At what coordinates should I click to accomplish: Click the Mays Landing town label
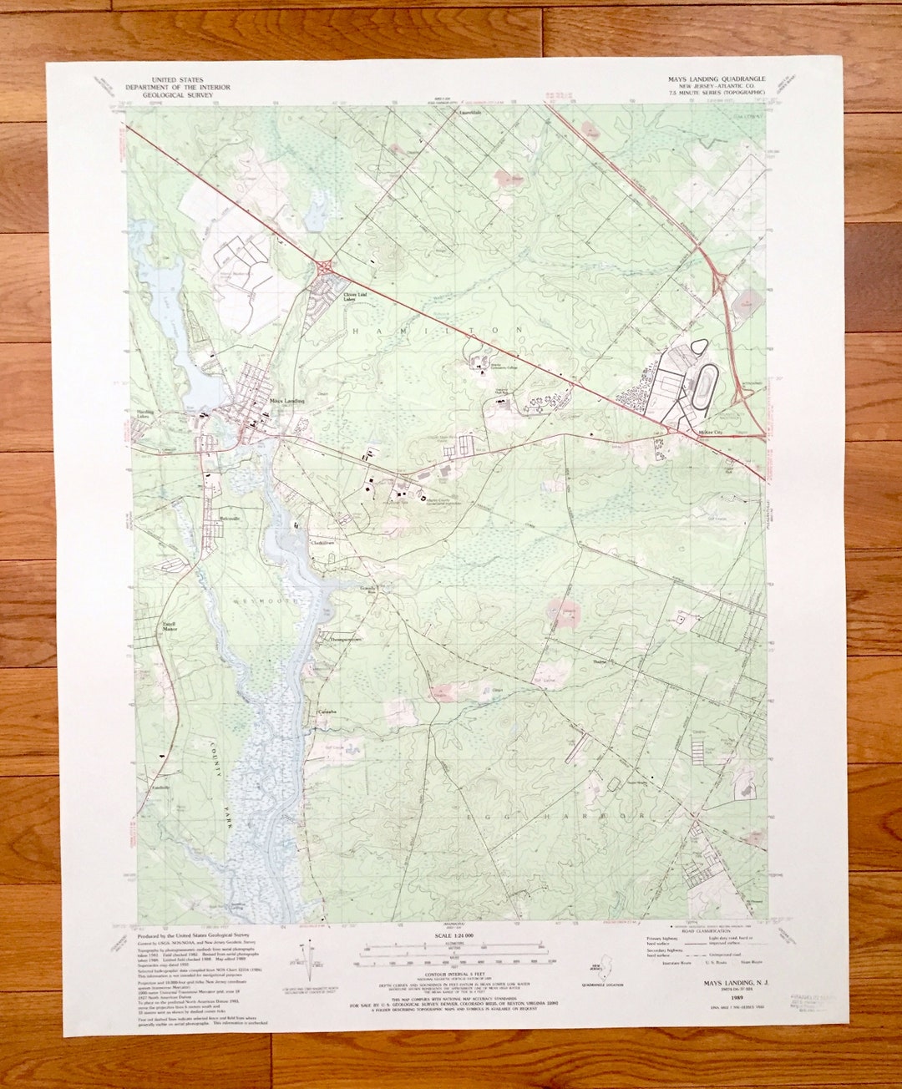tap(287, 401)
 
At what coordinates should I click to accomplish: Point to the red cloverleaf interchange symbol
tap(324, 266)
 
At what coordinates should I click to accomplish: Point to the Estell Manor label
tap(171, 626)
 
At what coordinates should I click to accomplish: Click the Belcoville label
tap(230, 519)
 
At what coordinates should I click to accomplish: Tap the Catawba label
tap(326, 712)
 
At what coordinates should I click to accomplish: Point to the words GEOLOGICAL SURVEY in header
tap(178, 95)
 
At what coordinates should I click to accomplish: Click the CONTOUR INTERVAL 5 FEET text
tap(454, 974)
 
